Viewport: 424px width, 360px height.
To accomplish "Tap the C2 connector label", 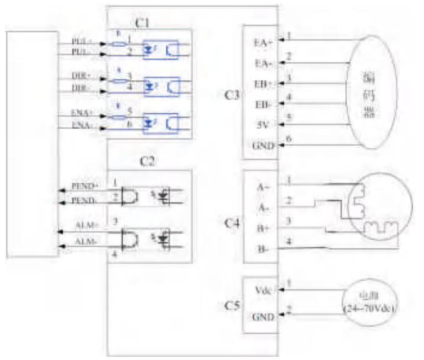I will pos(148,161).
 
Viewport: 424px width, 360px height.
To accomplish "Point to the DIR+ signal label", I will pos(82,76).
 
